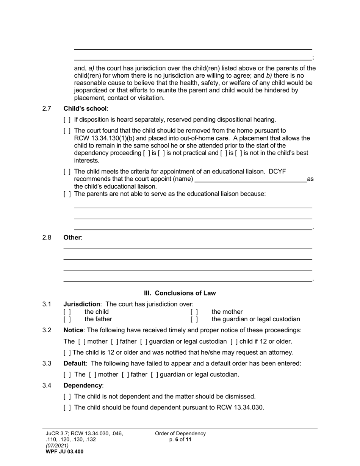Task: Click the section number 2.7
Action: pos(47,109)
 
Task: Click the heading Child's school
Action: pos(85,109)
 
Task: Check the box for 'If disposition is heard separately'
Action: pos(67,120)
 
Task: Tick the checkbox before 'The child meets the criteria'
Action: pos(67,172)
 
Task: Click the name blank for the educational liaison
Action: pos(250,179)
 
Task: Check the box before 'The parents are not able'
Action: pos(67,194)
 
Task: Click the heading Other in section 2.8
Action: pos(72,238)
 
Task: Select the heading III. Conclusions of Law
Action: pos(180,293)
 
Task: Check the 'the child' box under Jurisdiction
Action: pos(67,312)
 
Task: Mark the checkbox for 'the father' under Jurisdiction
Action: pos(67,319)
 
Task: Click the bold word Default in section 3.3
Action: pos(74,363)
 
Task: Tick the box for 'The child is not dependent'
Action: pos(67,397)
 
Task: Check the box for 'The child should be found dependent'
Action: pos(67,408)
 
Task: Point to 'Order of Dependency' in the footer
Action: pos(180,433)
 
